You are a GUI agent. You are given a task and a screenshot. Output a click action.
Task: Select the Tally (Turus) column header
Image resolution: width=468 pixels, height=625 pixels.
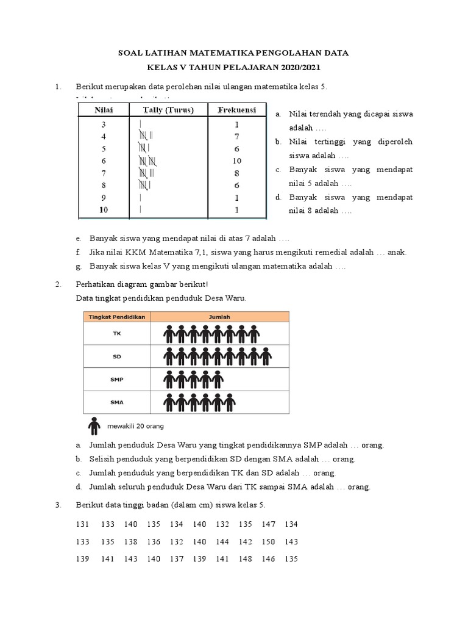click(x=168, y=110)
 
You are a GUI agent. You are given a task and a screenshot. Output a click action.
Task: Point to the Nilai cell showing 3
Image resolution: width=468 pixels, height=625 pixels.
click(x=104, y=124)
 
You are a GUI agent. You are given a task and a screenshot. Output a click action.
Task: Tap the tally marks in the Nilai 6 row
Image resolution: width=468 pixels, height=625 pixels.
click(x=149, y=161)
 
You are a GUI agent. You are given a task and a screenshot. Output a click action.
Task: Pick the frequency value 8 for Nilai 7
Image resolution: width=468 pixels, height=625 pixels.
click(x=236, y=173)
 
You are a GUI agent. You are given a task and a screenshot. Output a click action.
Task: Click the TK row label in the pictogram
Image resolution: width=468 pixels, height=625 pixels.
click(x=117, y=334)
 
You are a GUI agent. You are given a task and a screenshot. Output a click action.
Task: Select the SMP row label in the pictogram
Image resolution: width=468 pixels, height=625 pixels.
click(x=117, y=379)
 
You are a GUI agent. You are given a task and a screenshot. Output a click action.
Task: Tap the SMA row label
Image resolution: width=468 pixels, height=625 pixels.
click(x=117, y=402)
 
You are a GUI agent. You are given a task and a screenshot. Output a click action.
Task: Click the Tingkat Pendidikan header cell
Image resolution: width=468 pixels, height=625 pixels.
click(x=117, y=317)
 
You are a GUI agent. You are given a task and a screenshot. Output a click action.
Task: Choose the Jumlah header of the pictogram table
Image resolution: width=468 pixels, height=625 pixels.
click(x=220, y=317)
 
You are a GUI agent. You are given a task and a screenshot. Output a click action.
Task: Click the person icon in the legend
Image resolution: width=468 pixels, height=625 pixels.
click(x=94, y=425)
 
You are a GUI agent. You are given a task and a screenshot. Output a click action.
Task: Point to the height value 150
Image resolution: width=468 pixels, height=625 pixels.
click(x=269, y=541)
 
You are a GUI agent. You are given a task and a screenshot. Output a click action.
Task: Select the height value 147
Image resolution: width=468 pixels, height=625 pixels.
click(x=269, y=524)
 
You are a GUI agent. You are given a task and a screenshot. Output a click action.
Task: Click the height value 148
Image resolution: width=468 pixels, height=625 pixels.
click(x=246, y=559)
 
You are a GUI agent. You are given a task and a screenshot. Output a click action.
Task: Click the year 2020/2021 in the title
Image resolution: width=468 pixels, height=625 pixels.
click(x=297, y=67)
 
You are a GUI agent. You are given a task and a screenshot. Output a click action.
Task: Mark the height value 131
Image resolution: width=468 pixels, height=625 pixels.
click(x=82, y=524)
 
